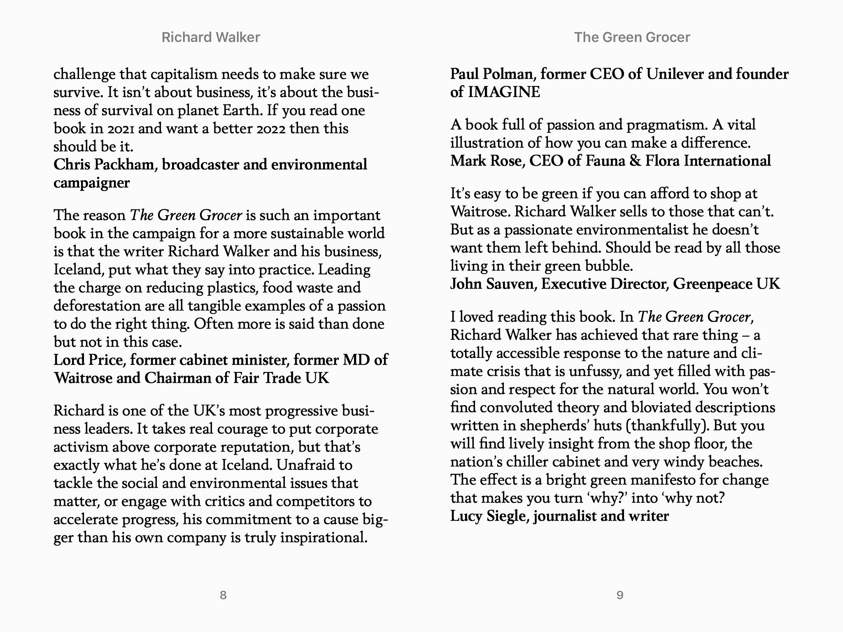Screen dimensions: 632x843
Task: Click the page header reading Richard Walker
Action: coord(211,37)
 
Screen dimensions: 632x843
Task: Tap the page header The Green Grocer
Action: coord(632,37)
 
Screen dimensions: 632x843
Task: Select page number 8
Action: coord(223,595)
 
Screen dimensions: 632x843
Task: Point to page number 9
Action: coord(620,595)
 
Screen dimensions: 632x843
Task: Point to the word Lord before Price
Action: coord(69,360)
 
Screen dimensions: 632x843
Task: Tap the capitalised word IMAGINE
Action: coord(504,92)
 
